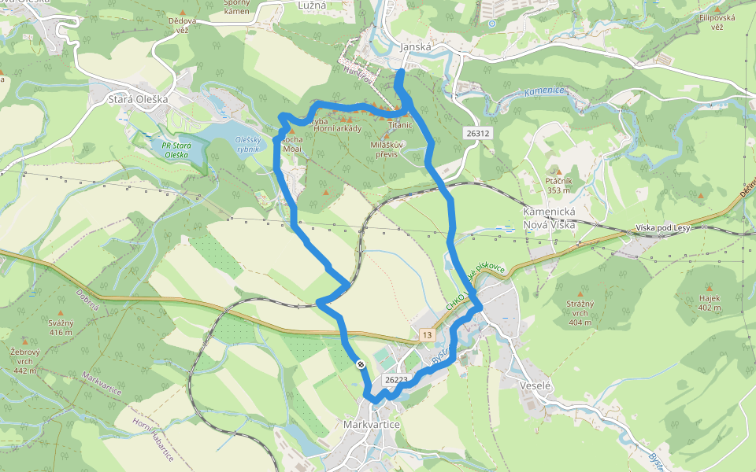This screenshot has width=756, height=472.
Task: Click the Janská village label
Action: click(417, 47)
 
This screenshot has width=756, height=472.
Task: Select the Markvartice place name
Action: click(372, 425)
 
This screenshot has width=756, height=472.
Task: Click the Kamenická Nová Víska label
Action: click(550, 219)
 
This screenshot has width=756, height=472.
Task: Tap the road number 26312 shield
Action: click(477, 134)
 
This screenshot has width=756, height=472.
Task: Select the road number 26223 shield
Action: click(395, 380)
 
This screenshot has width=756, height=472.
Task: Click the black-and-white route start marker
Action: click(360, 364)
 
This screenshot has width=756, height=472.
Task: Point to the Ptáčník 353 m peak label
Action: click(558, 185)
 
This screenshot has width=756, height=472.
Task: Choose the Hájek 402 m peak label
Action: click(710, 303)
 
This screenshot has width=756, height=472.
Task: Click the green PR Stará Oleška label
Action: click(176, 149)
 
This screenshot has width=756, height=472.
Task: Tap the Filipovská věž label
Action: click(716, 21)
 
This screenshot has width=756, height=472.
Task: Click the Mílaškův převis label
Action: click(386, 149)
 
